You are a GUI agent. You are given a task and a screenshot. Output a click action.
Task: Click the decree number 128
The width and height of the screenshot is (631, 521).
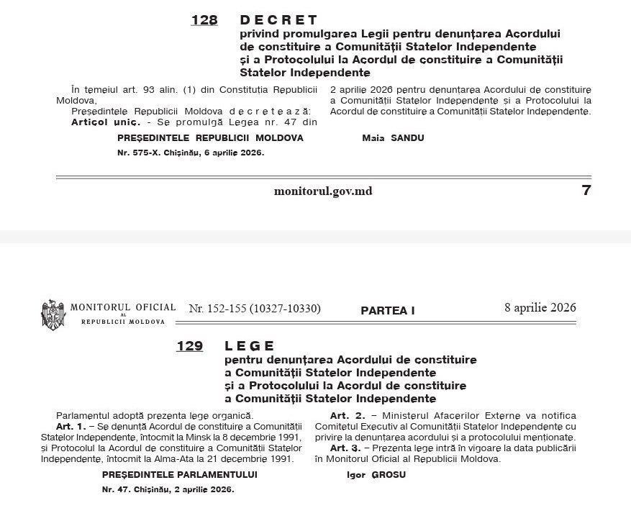pyautogui.click(x=204, y=20)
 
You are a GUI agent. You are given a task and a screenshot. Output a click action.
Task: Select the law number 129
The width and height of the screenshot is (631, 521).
pyautogui.click(x=190, y=347)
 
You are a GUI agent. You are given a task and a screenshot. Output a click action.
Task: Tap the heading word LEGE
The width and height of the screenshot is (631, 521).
pyautogui.click(x=250, y=347)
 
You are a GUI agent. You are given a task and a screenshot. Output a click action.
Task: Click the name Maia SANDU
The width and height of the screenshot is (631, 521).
pyautogui.click(x=393, y=137)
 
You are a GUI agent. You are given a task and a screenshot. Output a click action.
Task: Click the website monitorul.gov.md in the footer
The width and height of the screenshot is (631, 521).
pyautogui.click(x=323, y=191)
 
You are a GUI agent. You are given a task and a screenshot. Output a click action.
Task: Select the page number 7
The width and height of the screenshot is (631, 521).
pyautogui.click(x=586, y=191)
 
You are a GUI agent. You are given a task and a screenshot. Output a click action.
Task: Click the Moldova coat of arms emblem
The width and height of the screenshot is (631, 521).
pyautogui.click(x=53, y=314)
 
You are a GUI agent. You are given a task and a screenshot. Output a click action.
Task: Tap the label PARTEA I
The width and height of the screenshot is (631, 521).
pyautogui.click(x=388, y=311)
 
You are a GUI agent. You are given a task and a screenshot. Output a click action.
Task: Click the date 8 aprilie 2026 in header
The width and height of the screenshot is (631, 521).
pyautogui.click(x=540, y=308)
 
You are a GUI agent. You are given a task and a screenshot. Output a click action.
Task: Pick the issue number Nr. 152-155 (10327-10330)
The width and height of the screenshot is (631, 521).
pyautogui.click(x=255, y=309)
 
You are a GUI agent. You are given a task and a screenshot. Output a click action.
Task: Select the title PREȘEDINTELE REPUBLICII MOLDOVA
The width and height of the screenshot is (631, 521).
pyautogui.click(x=210, y=137)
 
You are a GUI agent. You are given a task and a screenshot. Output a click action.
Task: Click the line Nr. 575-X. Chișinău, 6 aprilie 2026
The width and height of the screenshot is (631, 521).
pyautogui.click(x=191, y=153)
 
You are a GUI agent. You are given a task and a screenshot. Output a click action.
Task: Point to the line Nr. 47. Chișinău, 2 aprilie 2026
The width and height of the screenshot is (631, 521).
pyautogui.click(x=168, y=490)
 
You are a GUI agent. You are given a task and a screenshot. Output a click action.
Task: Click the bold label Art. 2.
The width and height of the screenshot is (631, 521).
pyautogui.click(x=344, y=416)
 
